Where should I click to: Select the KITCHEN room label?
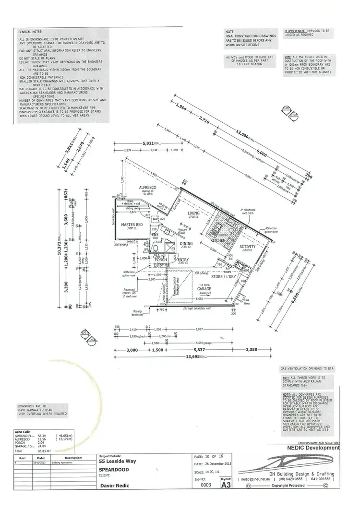pos(212,240)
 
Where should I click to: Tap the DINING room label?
pos(186,244)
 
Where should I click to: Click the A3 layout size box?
pos(224,485)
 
